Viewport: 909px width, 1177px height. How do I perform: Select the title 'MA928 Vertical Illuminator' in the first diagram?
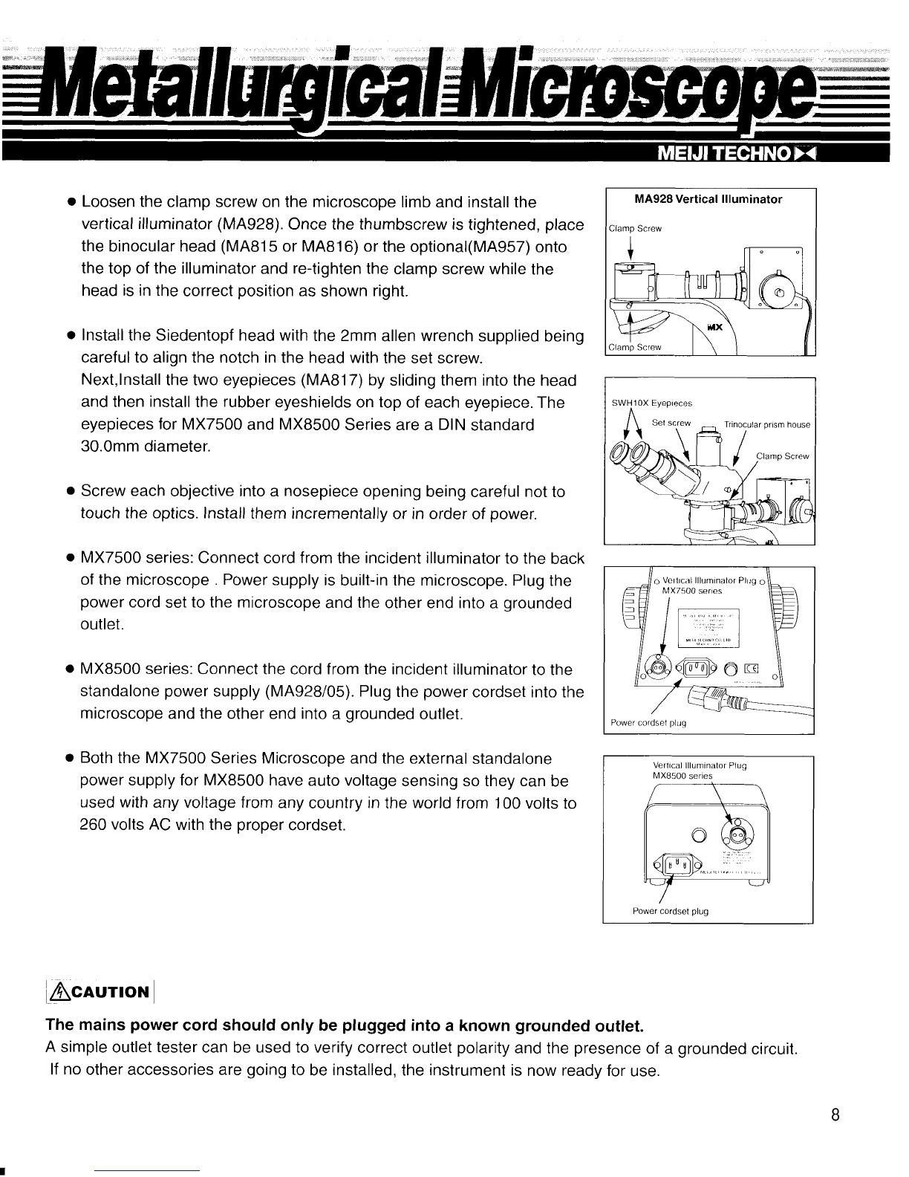(x=710, y=199)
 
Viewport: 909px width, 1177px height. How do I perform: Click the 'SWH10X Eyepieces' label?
(x=651, y=403)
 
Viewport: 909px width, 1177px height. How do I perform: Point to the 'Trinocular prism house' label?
(x=767, y=424)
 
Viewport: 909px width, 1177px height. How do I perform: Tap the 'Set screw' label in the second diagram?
(x=671, y=423)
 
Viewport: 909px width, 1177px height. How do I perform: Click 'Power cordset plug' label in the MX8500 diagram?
(x=670, y=910)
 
